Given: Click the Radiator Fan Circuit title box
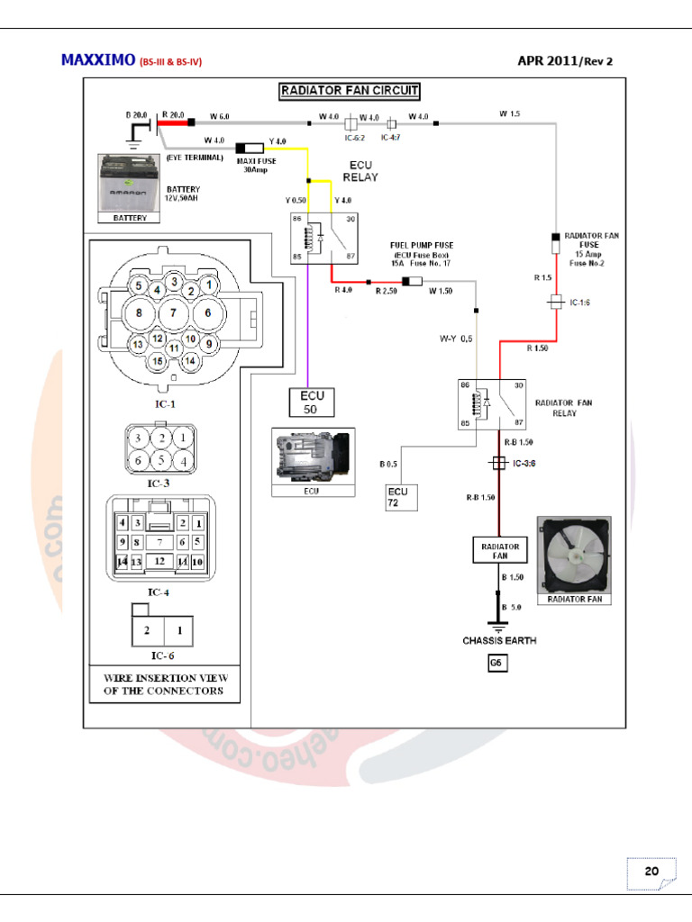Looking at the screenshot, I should (348, 90).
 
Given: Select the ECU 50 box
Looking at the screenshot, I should (310, 402).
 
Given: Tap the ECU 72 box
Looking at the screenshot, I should (397, 497).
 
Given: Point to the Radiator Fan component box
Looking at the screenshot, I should (500, 551).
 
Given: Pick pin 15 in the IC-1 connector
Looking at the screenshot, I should (158, 362).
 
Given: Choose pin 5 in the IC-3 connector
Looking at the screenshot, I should (162, 459).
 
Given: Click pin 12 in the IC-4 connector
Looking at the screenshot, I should (159, 560).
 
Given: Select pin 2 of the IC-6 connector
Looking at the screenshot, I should (146, 631).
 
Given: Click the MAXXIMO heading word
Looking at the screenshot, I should (97, 60).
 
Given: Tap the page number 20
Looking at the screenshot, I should (650, 872).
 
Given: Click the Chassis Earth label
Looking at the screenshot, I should (499, 640).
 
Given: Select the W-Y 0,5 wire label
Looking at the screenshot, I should (455, 339).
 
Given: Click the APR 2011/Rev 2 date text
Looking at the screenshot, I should (569, 60).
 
